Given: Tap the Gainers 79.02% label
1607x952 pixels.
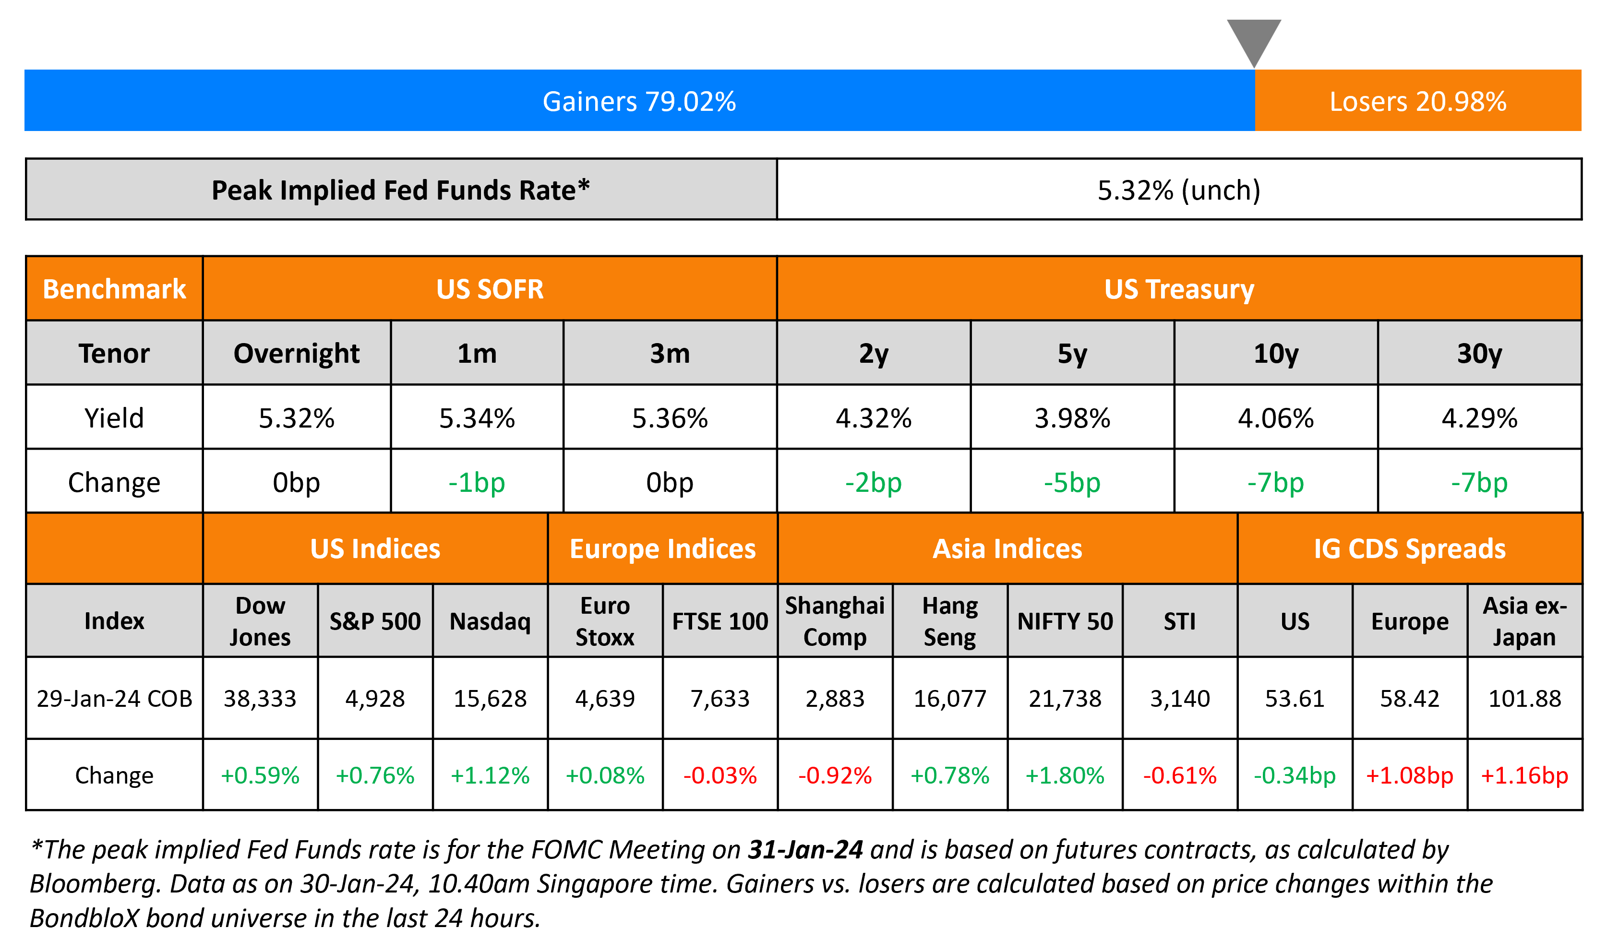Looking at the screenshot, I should pyautogui.click(x=639, y=101).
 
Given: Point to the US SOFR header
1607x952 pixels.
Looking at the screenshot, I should pyautogui.click(x=490, y=289).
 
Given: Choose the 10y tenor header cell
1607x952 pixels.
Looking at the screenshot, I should pyautogui.click(x=1276, y=354).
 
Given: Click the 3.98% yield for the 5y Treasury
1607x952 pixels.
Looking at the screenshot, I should pyautogui.click(x=1072, y=418).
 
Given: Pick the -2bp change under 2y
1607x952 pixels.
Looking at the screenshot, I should pyautogui.click(x=873, y=482).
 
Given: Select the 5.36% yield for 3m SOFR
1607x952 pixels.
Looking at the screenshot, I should pyautogui.click(x=670, y=418).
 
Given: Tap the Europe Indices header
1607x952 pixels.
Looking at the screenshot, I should pyautogui.click(x=663, y=549).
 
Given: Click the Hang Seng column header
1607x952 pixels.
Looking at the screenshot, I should pyautogui.click(x=949, y=621).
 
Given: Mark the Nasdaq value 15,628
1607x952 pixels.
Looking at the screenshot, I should pyautogui.click(x=490, y=699).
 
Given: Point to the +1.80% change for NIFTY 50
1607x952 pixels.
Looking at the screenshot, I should pyautogui.click(x=1065, y=775).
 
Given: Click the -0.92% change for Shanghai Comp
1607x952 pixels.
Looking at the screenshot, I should pyautogui.click(x=835, y=775).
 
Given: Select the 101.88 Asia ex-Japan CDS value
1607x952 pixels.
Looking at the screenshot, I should pyautogui.click(x=1524, y=699).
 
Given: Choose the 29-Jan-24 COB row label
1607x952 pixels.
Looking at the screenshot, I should pyautogui.click(x=114, y=699).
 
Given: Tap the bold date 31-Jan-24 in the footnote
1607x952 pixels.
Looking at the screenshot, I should pyautogui.click(x=805, y=850).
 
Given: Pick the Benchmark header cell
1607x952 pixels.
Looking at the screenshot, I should pyautogui.click(x=114, y=289).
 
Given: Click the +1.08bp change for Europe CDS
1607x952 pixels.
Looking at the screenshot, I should pyautogui.click(x=1409, y=775).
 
